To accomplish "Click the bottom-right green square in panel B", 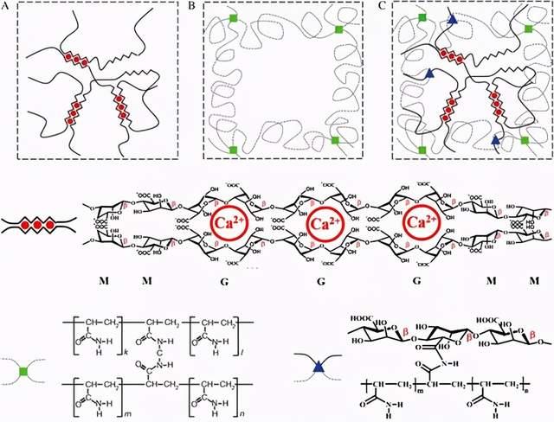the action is [335, 140].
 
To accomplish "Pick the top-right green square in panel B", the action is [338, 29].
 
